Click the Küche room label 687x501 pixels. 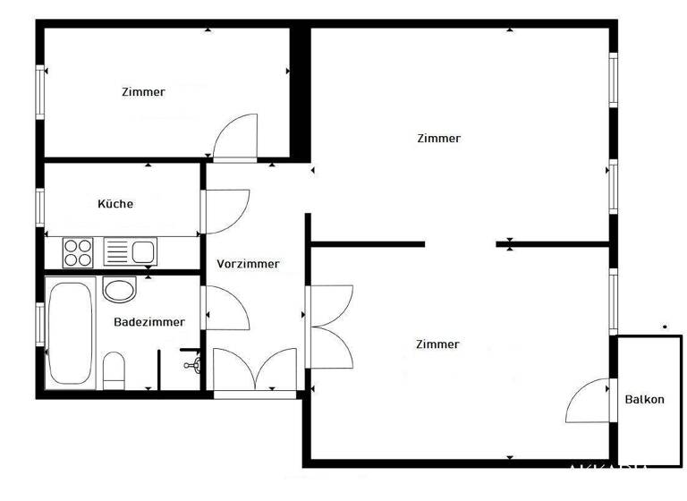(115, 204)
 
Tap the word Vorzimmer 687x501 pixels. (248, 264)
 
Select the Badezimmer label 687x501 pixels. (149, 322)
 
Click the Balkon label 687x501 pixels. (644, 400)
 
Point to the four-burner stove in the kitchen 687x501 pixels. (79, 251)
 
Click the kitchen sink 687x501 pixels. (131, 251)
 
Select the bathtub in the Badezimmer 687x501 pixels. (70, 333)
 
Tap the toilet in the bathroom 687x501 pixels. (114, 369)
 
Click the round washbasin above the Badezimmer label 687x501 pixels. (119, 289)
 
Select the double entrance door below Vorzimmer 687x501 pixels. (255, 369)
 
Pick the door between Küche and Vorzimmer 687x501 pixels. (226, 210)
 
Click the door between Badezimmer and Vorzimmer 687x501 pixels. (226, 309)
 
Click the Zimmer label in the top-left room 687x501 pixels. (143, 91)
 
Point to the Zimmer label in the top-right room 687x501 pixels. (438, 139)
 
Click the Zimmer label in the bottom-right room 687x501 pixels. (437, 344)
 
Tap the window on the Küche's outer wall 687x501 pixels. (40, 206)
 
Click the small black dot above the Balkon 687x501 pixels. (665, 327)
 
